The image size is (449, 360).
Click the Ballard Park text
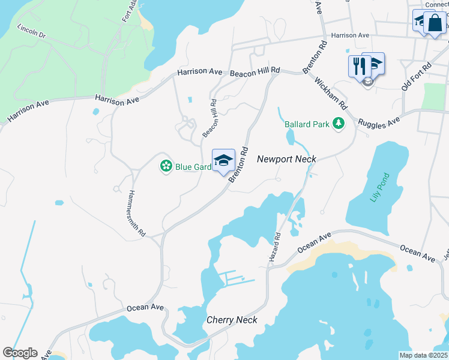click(307, 124)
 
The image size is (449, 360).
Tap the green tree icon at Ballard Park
click(339, 124)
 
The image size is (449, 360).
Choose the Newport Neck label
click(286, 159)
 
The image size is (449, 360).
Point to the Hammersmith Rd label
click(137, 212)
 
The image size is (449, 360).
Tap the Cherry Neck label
click(232, 320)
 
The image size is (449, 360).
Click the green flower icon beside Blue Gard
click(166, 166)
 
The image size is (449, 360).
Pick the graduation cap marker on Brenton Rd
click(223, 160)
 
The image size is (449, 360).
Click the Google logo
click(20, 353)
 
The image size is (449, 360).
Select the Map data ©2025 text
click(423, 355)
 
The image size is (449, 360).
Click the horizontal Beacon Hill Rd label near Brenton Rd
click(255, 71)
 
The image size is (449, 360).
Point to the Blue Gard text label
click(193, 167)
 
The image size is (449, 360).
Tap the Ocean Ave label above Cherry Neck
click(145, 307)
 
